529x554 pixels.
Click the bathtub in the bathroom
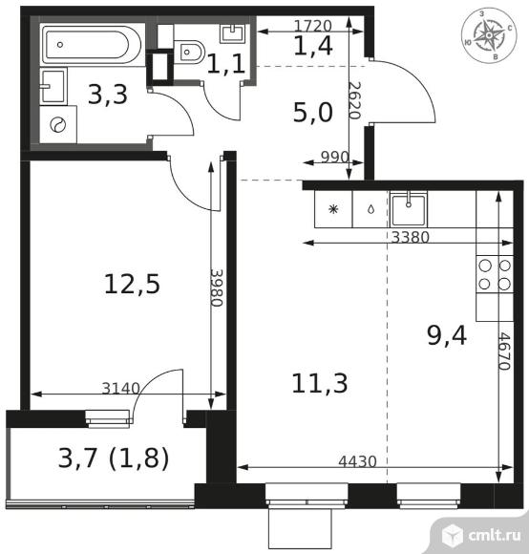(x=93, y=44)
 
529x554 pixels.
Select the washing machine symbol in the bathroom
(x=58, y=124)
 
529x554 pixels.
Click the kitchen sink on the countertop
(x=409, y=209)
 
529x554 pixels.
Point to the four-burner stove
(x=495, y=274)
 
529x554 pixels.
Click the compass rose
(x=489, y=35)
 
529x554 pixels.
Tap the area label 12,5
(x=133, y=284)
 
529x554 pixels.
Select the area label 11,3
(x=320, y=383)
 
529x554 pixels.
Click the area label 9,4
(x=447, y=336)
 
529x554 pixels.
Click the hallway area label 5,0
(x=313, y=113)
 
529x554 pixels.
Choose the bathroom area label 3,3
(x=108, y=95)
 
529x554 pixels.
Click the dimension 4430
(x=357, y=461)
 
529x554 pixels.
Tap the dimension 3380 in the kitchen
(x=410, y=237)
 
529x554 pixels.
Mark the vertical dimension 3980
(x=217, y=288)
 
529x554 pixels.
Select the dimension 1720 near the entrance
(x=313, y=26)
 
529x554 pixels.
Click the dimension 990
(x=335, y=157)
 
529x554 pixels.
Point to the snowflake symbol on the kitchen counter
(x=333, y=209)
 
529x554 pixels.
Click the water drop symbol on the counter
(x=370, y=209)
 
